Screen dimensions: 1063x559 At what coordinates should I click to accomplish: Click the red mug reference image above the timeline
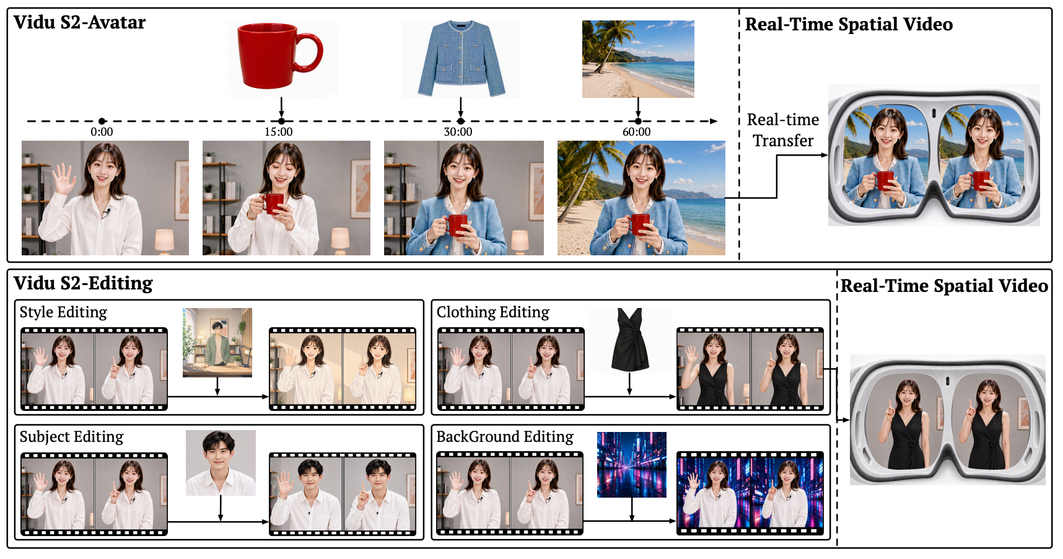[281, 58]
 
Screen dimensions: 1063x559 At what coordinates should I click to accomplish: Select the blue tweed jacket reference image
[460, 58]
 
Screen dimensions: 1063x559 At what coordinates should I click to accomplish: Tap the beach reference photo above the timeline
[638, 59]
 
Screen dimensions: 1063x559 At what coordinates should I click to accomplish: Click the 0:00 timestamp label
[102, 132]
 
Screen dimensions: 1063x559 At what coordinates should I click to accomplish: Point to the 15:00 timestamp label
[279, 132]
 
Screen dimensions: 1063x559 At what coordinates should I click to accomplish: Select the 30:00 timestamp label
[458, 132]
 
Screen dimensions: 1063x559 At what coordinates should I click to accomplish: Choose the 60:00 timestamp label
[637, 132]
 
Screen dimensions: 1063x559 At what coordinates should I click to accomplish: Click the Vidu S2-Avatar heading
[80, 23]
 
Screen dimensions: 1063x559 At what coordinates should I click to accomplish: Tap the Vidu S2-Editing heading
[84, 284]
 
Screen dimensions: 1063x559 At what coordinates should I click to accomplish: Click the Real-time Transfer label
[783, 130]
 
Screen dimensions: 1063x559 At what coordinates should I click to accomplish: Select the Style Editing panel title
[63, 312]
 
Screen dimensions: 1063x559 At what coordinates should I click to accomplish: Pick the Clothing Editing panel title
[493, 312]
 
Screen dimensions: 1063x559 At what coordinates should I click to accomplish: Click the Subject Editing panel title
[72, 437]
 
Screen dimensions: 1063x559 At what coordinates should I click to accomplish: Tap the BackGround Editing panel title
[505, 437]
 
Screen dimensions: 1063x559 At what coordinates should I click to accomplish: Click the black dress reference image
[629, 340]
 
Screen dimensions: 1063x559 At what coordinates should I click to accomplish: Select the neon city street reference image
[632, 465]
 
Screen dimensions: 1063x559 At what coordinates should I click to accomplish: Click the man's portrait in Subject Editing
[221, 463]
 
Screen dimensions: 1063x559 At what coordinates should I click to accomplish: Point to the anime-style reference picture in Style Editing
[217, 343]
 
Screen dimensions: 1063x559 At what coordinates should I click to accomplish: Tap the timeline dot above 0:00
[102, 121]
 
